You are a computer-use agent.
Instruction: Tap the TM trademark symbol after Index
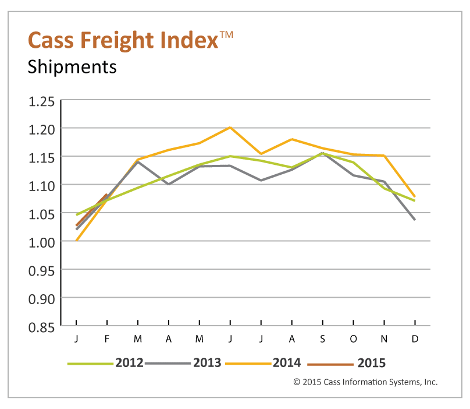[226, 36]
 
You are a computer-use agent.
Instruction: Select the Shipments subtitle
[72, 67]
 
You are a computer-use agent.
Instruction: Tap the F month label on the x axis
[108, 339]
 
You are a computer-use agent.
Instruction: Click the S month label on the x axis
[322, 339]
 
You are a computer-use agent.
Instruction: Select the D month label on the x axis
[415, 339]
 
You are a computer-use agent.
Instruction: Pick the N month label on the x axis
[384, 339]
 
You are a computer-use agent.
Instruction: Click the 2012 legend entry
[129, 363]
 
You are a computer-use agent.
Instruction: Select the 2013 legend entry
[206, 363]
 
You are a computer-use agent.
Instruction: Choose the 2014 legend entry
[286, 363]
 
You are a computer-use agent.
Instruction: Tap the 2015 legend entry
[371, 363]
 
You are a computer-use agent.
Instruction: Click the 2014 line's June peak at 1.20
[230, 127]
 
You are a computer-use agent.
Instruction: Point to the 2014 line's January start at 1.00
[77, 240]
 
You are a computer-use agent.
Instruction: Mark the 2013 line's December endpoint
[414, 220]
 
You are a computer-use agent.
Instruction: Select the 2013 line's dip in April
[169, 184]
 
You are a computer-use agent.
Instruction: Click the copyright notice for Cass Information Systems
[365, 382]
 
